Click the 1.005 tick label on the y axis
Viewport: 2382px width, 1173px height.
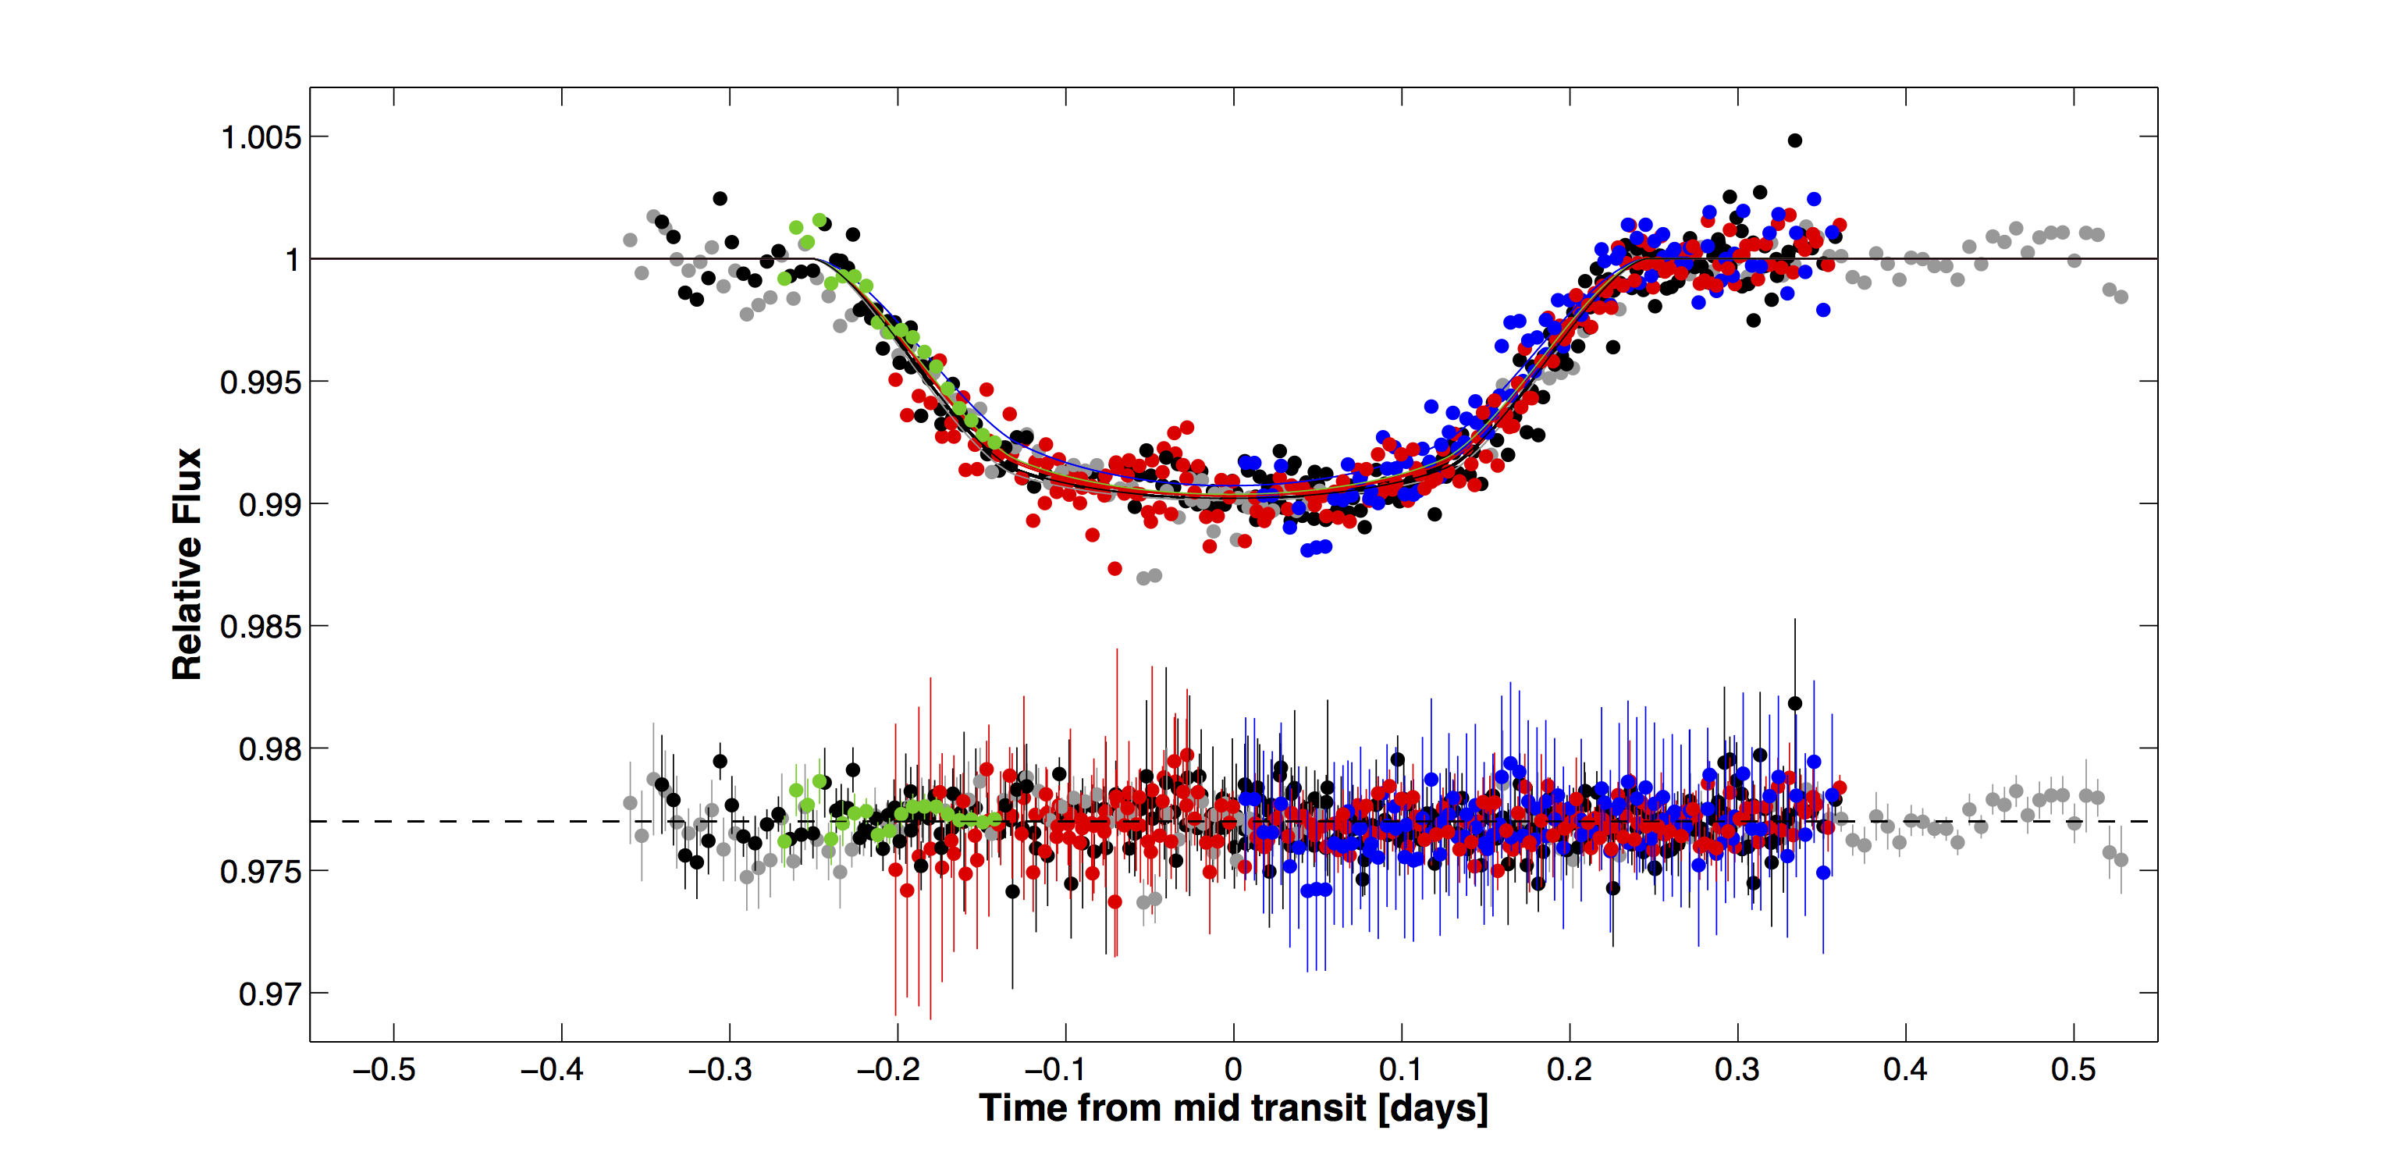click(261, 137)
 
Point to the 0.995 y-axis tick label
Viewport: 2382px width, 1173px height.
click(261, 382)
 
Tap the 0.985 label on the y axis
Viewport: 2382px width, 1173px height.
click(261, 627)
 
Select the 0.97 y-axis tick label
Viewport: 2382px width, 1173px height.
click(270, 993)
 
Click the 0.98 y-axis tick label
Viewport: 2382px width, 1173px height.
click(270, 748)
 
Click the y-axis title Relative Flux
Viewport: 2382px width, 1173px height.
click(187, 563)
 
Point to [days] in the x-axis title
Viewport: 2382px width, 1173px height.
click(1432, 1107)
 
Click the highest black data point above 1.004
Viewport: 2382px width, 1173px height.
click(1795, 140)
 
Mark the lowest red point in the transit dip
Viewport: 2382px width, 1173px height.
click(1115, 568)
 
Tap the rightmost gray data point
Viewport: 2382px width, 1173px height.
click(2121, 297)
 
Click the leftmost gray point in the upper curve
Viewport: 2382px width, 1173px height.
click(630, 240)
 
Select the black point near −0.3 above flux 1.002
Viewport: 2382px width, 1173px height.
click(720, 199)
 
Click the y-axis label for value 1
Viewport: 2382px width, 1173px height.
click(292, 260)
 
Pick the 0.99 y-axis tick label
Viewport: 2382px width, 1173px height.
click(270, 505)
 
